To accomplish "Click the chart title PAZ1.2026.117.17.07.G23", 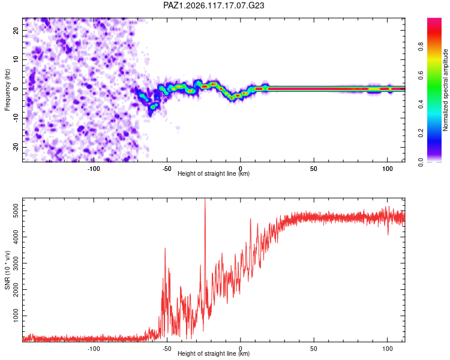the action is (x=214, y=5).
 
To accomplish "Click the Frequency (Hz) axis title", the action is (x=7, y=90).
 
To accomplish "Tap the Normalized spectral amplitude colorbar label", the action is (x=445, y=90).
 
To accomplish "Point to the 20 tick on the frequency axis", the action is (x=16, y=30).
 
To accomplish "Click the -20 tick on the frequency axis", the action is (x=16, y=147).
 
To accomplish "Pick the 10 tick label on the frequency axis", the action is (x=16, y=59).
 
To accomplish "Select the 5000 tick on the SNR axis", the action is (x=16, y=211).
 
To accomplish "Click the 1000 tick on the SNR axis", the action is (x=16, y=316).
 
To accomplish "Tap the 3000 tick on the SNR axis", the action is (x=16, y=263).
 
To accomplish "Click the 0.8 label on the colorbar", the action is (x=421, y=46).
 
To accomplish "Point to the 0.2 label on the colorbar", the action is (x=421, y=133).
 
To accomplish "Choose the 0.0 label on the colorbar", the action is (x=421, y=162).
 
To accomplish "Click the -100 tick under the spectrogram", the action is (x=93, y=169).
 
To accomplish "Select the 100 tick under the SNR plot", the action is (x=388, y=349).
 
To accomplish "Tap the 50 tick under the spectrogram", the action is (x=314, y=169).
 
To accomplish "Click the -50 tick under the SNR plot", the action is (x=166, y=349).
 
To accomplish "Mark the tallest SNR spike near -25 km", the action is (x=205, y=199).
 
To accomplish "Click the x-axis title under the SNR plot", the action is (x=214, y=353).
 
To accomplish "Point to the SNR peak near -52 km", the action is (x=165, y=248).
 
